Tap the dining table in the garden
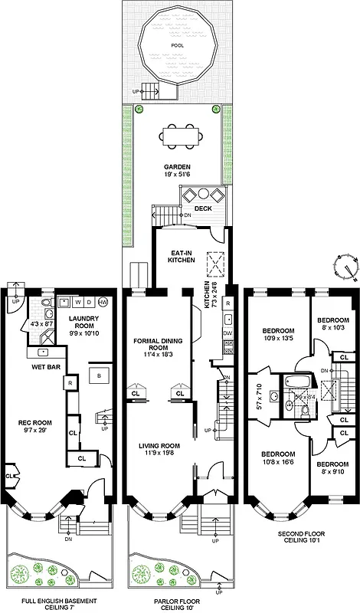click(182, 136)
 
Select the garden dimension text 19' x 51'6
click(177, 175)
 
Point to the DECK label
click(202, 208)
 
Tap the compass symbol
click(345, 267)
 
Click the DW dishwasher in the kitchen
click(227, 334)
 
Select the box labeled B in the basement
click(98, 376)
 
